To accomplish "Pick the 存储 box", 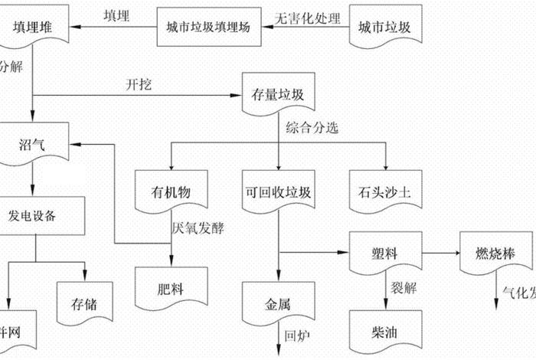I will pos(86,291).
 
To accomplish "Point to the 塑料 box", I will pos(385,254).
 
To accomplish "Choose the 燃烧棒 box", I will pos(494,254).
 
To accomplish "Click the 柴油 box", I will pos(385,332).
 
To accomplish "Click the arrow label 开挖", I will pos(139,84).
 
